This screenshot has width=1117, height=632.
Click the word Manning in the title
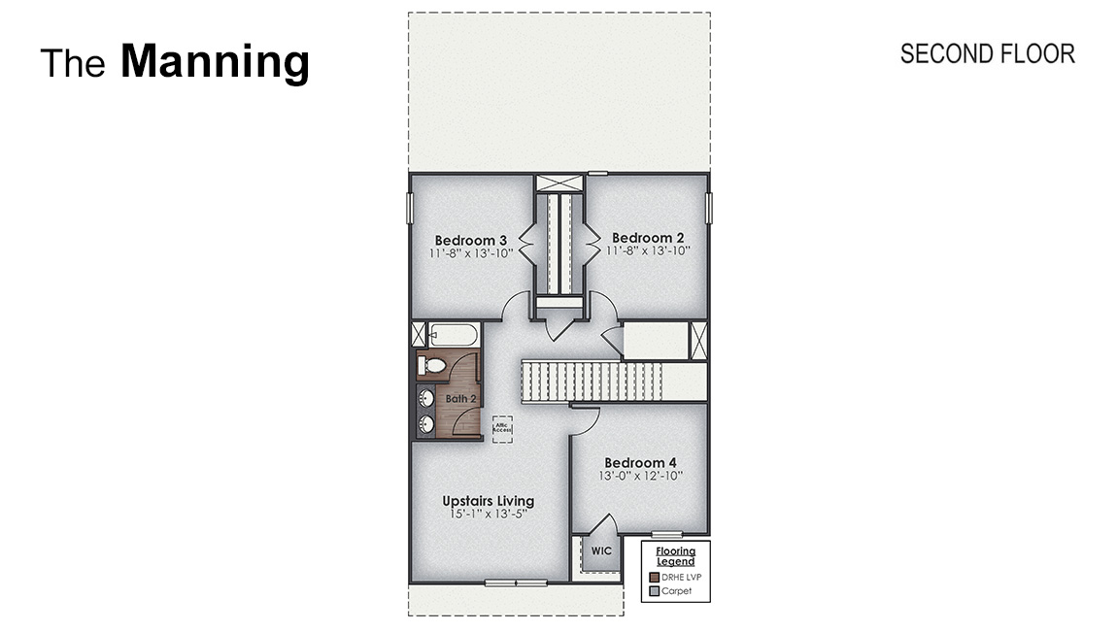[215, 62]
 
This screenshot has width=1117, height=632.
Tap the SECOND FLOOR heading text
[987, 53]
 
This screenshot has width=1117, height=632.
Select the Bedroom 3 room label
[470, 240]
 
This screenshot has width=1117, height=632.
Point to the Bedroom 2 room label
[648, 238]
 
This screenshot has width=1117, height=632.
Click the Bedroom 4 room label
[640, 463]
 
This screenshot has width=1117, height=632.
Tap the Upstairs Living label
[488, 501]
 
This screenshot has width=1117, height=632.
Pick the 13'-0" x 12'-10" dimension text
[640, 477]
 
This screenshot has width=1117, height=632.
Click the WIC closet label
[602, 550]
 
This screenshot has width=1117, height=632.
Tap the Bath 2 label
[460, 398]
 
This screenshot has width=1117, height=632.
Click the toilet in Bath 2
[431, 366]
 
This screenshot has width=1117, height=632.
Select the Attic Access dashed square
[502, 427]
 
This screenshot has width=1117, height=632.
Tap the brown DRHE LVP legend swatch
[655, 577]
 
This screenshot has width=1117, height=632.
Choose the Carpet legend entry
[676, 590]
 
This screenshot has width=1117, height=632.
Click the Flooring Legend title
[675, 556]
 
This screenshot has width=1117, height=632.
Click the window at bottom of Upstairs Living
[516, 582]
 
